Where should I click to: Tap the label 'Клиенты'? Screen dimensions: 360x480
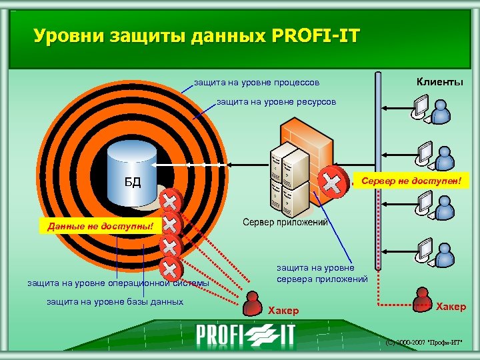(439, 82)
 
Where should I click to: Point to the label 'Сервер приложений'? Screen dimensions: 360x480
(285, 222)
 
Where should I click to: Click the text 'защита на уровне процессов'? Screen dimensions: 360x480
(256, 83)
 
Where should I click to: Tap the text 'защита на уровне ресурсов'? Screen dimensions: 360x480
(277, 103)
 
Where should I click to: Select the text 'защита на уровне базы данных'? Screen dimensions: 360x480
(115, 302)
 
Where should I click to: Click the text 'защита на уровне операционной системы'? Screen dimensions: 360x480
(117, 283)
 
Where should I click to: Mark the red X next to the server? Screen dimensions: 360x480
(331, 180)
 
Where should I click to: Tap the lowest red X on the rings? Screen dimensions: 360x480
(171, 269)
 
